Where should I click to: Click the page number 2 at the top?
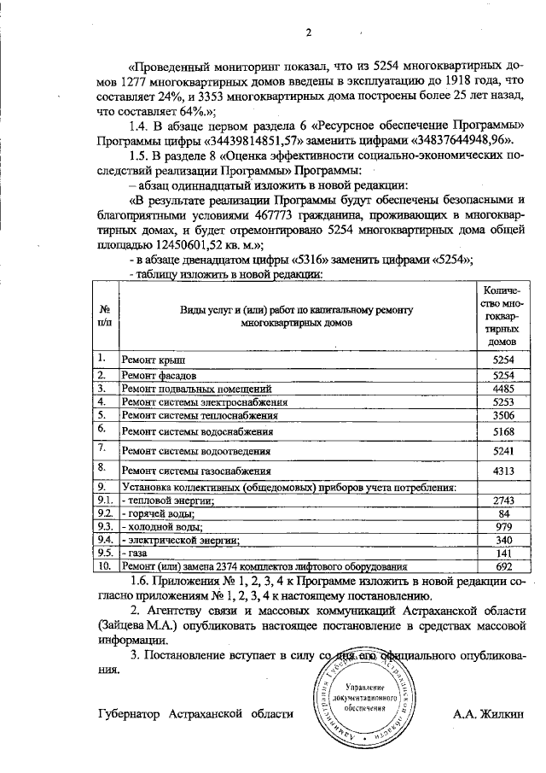point(310,32)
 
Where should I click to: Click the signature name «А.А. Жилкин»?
point(488,712)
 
